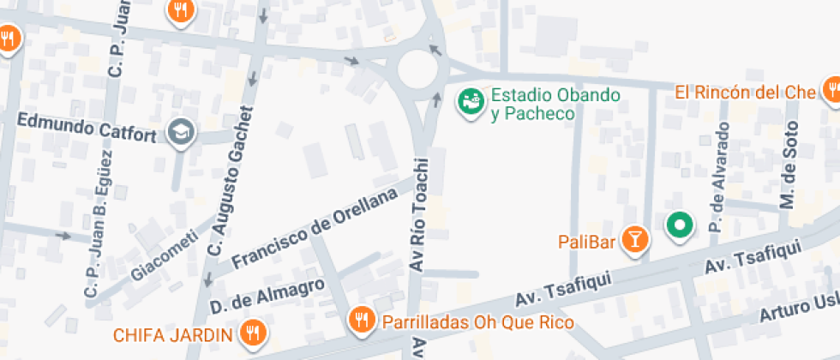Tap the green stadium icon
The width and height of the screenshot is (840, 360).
[470, 102]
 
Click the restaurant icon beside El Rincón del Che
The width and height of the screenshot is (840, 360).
[831, 90]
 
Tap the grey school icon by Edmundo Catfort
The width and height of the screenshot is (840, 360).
[182, 131]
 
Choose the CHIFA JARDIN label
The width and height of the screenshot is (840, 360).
[172, 333]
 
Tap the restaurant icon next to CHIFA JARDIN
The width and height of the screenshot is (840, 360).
[252, 333]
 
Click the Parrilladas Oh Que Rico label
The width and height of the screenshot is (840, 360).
[477, 322]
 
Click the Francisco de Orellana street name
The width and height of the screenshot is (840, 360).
[315, 227]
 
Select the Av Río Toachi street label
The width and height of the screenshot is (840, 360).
[419, 215]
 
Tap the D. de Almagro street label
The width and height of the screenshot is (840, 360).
[267, 296]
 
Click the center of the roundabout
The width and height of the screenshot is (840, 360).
[417, 68]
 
